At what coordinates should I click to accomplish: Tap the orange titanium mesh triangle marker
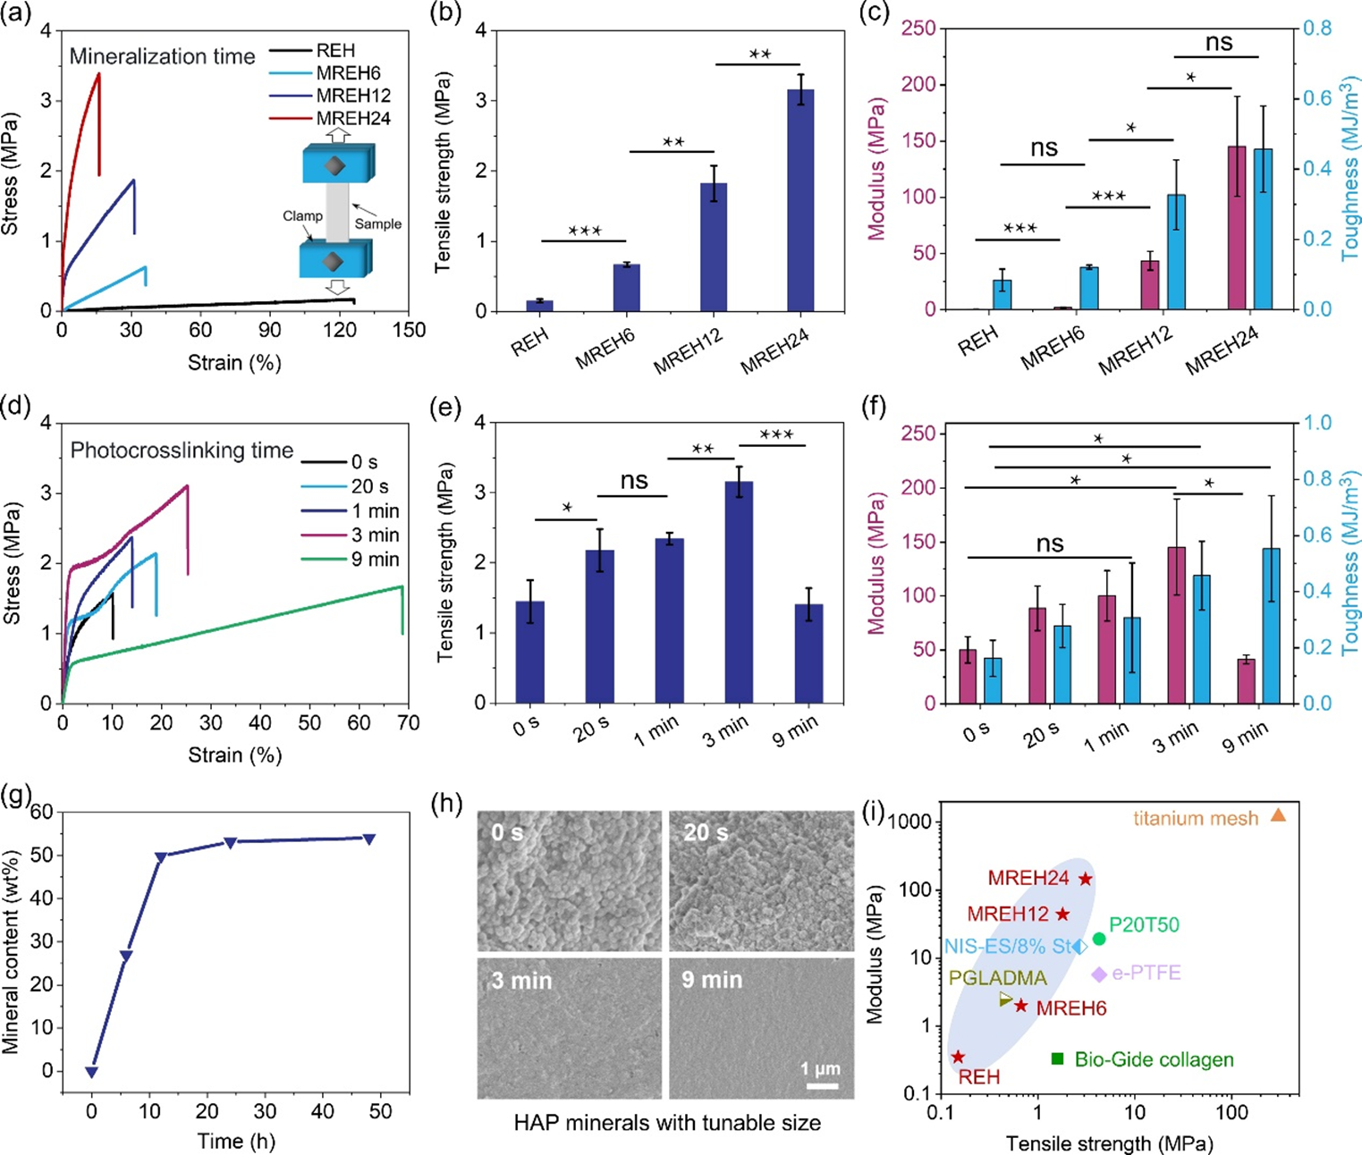coord(1279,815)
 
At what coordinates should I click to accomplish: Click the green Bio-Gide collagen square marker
coord(1057,1059)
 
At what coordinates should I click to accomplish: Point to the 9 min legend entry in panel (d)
coord(375,560)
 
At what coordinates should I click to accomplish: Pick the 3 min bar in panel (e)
coord(739,592)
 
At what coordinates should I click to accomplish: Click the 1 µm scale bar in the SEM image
coord(822,1085)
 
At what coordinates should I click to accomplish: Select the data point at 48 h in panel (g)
coord(368,839)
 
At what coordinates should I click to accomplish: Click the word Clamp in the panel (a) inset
coord(302,216)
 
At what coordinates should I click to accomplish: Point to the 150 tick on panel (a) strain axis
coord(409,330)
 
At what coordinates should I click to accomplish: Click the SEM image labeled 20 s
coord(761,881)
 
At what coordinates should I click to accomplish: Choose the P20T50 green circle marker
coord(1099,939)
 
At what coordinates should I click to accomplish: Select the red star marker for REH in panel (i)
coord(959,1057)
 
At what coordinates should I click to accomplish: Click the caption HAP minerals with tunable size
coord(667,1123)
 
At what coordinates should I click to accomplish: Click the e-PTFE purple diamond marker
coord(1099,974)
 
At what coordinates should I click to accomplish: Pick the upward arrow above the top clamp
coord(337,134)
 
